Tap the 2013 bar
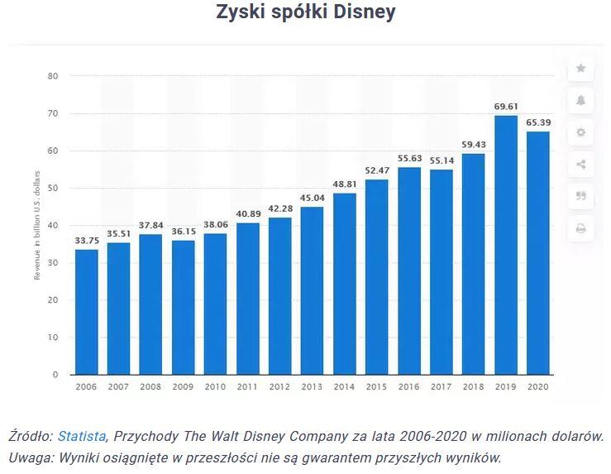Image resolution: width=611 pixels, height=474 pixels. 313,290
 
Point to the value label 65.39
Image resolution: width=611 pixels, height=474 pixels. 538,122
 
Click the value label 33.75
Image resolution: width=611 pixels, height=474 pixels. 86,241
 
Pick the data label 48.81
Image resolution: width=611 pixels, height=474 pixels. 345,184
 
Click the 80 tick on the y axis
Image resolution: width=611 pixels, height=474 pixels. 53,76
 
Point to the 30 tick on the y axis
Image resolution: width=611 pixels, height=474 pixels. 53,263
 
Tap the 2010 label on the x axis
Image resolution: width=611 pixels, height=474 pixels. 215,386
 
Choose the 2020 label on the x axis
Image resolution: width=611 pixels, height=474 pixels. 538,386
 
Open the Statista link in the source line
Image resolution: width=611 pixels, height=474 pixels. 81,436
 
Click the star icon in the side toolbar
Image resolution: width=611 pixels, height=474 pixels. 581,69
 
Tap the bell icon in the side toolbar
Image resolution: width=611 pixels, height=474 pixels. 581,100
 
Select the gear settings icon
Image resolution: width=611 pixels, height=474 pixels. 581,132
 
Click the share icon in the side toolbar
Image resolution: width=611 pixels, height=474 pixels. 581,165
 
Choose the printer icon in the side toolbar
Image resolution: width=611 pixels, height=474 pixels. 581,228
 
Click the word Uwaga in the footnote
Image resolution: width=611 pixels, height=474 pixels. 29,457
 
